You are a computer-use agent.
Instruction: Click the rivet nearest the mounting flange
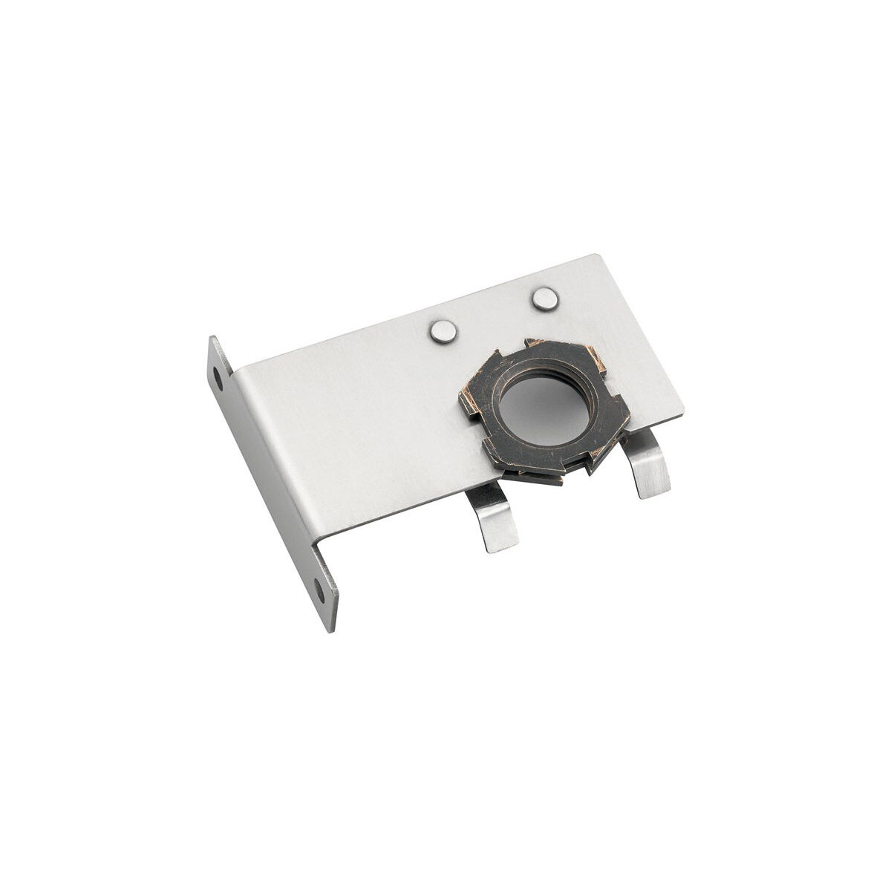click(x=443, y=331)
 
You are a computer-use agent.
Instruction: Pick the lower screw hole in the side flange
click(x=319, y=590)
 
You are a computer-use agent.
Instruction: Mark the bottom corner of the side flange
click(x=331, y=630)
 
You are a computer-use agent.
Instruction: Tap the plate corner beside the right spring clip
click(x=681, y=408)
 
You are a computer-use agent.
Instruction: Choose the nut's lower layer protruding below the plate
click(x=542, y=477)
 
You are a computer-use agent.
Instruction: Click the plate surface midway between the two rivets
click(x=494, y=315)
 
